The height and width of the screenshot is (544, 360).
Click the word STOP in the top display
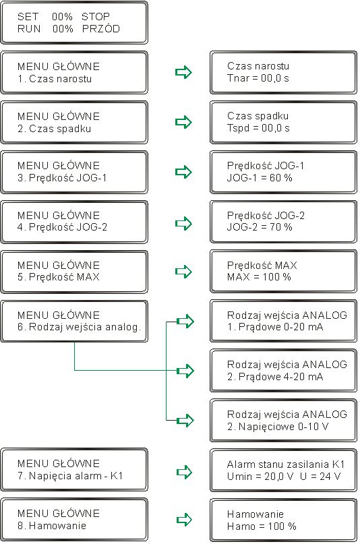(x=95, y=17)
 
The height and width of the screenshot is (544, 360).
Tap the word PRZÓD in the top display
(x=101, y=29)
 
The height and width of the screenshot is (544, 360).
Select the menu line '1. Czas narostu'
(x=55, y=79)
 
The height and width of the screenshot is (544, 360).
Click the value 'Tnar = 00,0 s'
(x=258, y=78)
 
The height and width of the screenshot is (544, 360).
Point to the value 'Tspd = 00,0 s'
(x=258, y=128)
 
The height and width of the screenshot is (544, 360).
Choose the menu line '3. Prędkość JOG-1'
(x=63, y=178)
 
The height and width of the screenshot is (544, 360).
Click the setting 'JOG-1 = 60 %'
(x=260, y=178)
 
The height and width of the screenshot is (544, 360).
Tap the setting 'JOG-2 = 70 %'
(x=260, y=227)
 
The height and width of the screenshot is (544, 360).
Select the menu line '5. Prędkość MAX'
(x=59, y=277)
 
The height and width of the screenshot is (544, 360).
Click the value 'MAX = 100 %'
(x=259, y=277)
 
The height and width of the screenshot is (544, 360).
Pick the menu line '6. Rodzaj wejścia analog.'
(x=80, y=327)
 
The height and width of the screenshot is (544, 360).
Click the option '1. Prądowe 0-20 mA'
(x=275, y=327)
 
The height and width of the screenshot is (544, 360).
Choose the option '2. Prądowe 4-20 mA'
(x=275, y=377)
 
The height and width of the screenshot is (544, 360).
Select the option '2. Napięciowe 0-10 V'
(x=278, y=427)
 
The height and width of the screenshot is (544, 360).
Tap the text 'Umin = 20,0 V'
(x=260, y=477)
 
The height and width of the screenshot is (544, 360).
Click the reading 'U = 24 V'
(x=320, y=477)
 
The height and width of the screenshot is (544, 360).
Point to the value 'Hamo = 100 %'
(x=262, y=526)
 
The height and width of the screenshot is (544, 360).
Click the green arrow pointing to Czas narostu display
(x=183, y=72)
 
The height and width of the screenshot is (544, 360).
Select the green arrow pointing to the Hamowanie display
(x=184, y=520)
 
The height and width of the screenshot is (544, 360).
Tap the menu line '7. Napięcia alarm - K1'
(x=70, y=476)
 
